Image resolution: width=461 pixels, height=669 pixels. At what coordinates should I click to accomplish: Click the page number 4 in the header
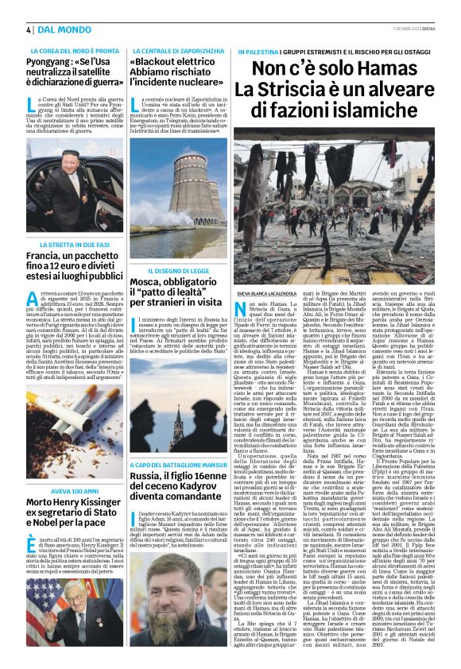coord(28,29)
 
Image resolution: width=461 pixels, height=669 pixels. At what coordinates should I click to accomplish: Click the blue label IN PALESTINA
coord(260,50)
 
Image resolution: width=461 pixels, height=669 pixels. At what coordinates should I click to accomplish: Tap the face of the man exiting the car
coord(65,184)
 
